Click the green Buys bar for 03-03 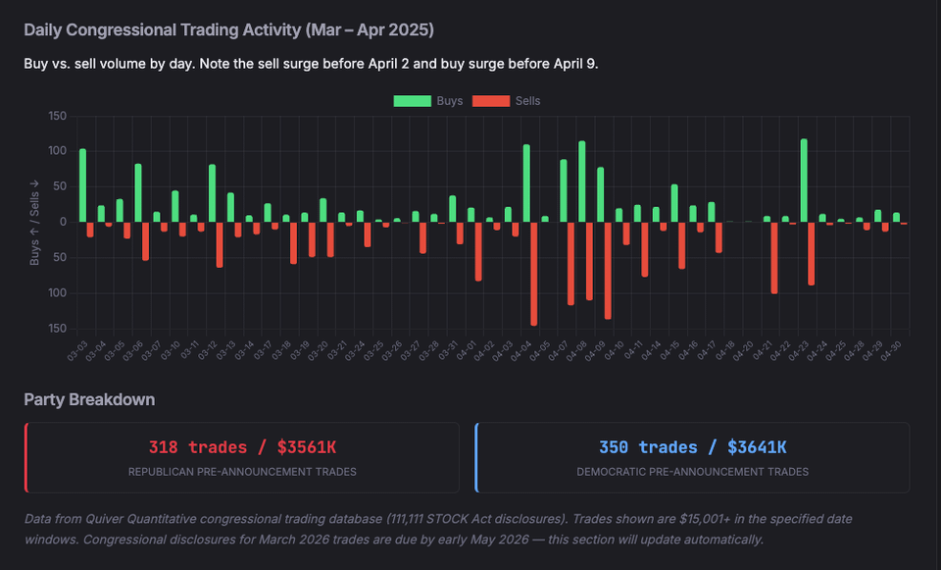82,185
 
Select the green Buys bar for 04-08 582,181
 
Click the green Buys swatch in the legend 413,101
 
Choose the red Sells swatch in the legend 491,101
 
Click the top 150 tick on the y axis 57,117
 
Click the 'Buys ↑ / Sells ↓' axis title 34,222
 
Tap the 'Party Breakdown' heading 89,399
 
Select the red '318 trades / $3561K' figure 242,447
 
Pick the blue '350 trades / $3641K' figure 692,447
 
